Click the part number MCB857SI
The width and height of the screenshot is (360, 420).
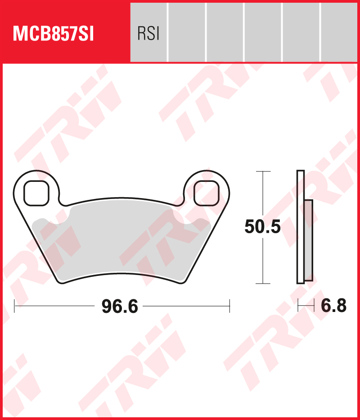pos(54,34)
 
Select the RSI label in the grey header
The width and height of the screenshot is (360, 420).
pos(148,34)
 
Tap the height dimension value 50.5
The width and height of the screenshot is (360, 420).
pos(263,227)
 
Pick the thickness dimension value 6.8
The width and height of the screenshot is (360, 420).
pos(333,306)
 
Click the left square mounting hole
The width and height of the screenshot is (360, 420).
pos(36,193)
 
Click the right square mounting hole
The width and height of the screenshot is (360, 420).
pos(206,193)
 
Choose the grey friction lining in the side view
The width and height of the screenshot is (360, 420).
pos(308,239)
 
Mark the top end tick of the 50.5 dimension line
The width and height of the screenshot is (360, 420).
pos(263,172)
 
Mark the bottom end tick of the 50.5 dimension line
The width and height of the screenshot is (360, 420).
pos(263,284)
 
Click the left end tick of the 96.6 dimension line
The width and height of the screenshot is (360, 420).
pos(15,306)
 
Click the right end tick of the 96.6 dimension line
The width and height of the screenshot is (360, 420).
pos(230,306)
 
